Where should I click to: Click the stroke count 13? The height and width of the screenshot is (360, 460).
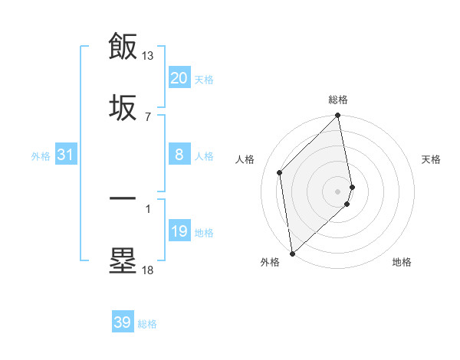pos(148,56)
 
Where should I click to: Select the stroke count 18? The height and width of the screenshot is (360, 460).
pos(148,270)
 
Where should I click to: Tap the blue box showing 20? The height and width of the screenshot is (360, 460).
pos(179,78)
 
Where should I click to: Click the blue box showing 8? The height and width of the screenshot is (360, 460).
pos(179,155)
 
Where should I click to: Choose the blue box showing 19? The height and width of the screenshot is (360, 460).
pos(179,231)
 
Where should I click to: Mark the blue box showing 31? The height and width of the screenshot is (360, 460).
pos(65,155)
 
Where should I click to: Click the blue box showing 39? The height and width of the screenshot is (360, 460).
pos(122,322)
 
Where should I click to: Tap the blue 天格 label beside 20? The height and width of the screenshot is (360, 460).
pos(204,80)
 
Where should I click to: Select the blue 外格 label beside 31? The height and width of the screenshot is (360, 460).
pos(41,156)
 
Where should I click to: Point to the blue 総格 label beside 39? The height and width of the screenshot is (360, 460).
pos(147,324)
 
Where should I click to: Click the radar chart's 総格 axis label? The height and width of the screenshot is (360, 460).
pos(338,100)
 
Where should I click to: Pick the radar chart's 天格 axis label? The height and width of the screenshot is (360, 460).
pos(432,159)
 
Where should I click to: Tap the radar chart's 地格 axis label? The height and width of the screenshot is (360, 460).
pos(402,262)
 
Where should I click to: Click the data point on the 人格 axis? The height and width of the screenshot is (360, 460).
pos(280,172)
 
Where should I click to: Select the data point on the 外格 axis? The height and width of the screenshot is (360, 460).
pos(292,253)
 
